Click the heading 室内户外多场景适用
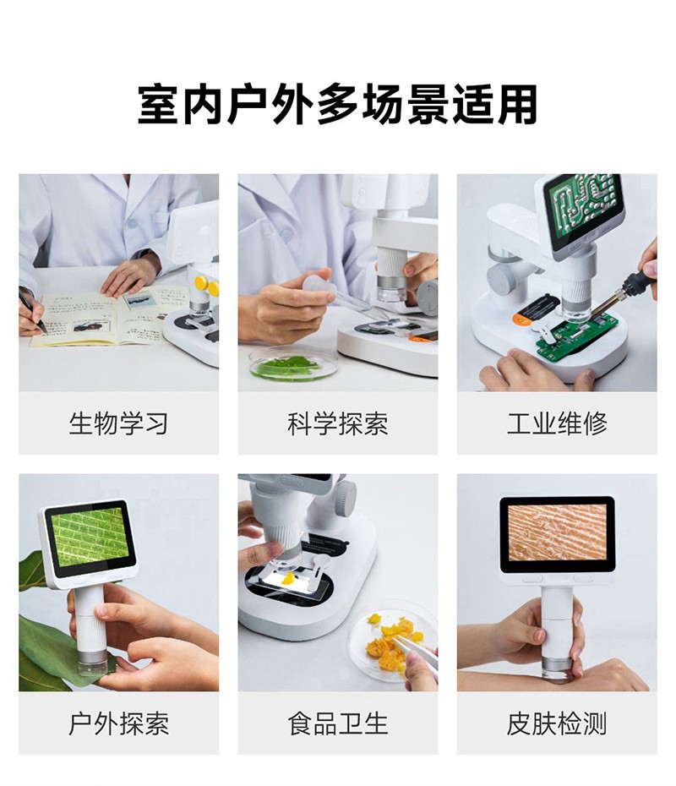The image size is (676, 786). point(337,105)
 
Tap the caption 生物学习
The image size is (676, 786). point(118,423)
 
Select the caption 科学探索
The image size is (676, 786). point(338,423)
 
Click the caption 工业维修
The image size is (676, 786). point(557,423)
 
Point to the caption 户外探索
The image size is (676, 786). point(118,723)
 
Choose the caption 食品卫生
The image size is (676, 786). point(338,723)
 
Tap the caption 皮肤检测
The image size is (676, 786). point(557,723)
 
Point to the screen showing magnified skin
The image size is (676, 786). point(557,532)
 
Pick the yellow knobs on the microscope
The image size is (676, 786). point(206,285)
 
